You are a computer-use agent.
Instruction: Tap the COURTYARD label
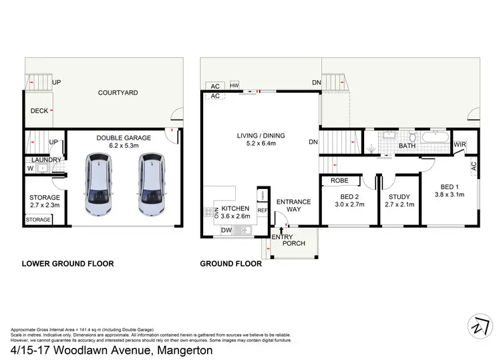(x=118, y=93)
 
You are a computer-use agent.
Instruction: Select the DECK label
(x=39, y=112)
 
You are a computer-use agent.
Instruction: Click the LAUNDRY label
(x=45, y=160)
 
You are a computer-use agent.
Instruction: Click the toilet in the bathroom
(x=412, y=138)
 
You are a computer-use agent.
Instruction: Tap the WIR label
(x=459, y=144)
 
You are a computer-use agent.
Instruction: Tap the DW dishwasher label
(x=227, y=230)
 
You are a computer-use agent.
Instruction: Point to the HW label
(x=234, y=86)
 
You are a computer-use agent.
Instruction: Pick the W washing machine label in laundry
(x=30, y=168)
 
